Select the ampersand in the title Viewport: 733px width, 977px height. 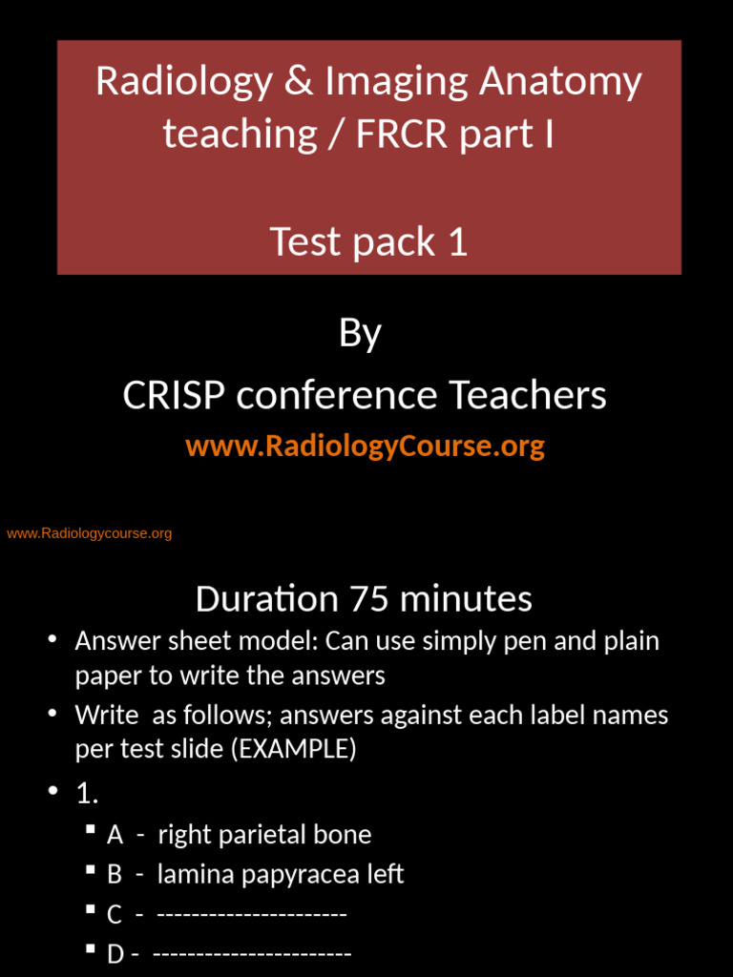[298, 82]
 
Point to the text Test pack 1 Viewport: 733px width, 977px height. [368, 241]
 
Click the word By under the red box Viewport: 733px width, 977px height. [361, 334]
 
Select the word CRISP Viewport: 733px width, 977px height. [174, 395]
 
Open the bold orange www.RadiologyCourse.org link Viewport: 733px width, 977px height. [365, 446]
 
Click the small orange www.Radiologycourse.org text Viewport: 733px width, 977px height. [90, 533]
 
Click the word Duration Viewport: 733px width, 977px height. [266, 599]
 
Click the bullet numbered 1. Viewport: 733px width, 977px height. [87, 793]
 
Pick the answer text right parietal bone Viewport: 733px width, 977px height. [264, 835]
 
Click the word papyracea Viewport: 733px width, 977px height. [300, 874]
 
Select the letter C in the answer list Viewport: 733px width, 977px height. [115, 915]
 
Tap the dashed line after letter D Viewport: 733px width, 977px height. [252, 954]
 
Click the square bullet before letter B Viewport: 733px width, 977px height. [90, 871]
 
